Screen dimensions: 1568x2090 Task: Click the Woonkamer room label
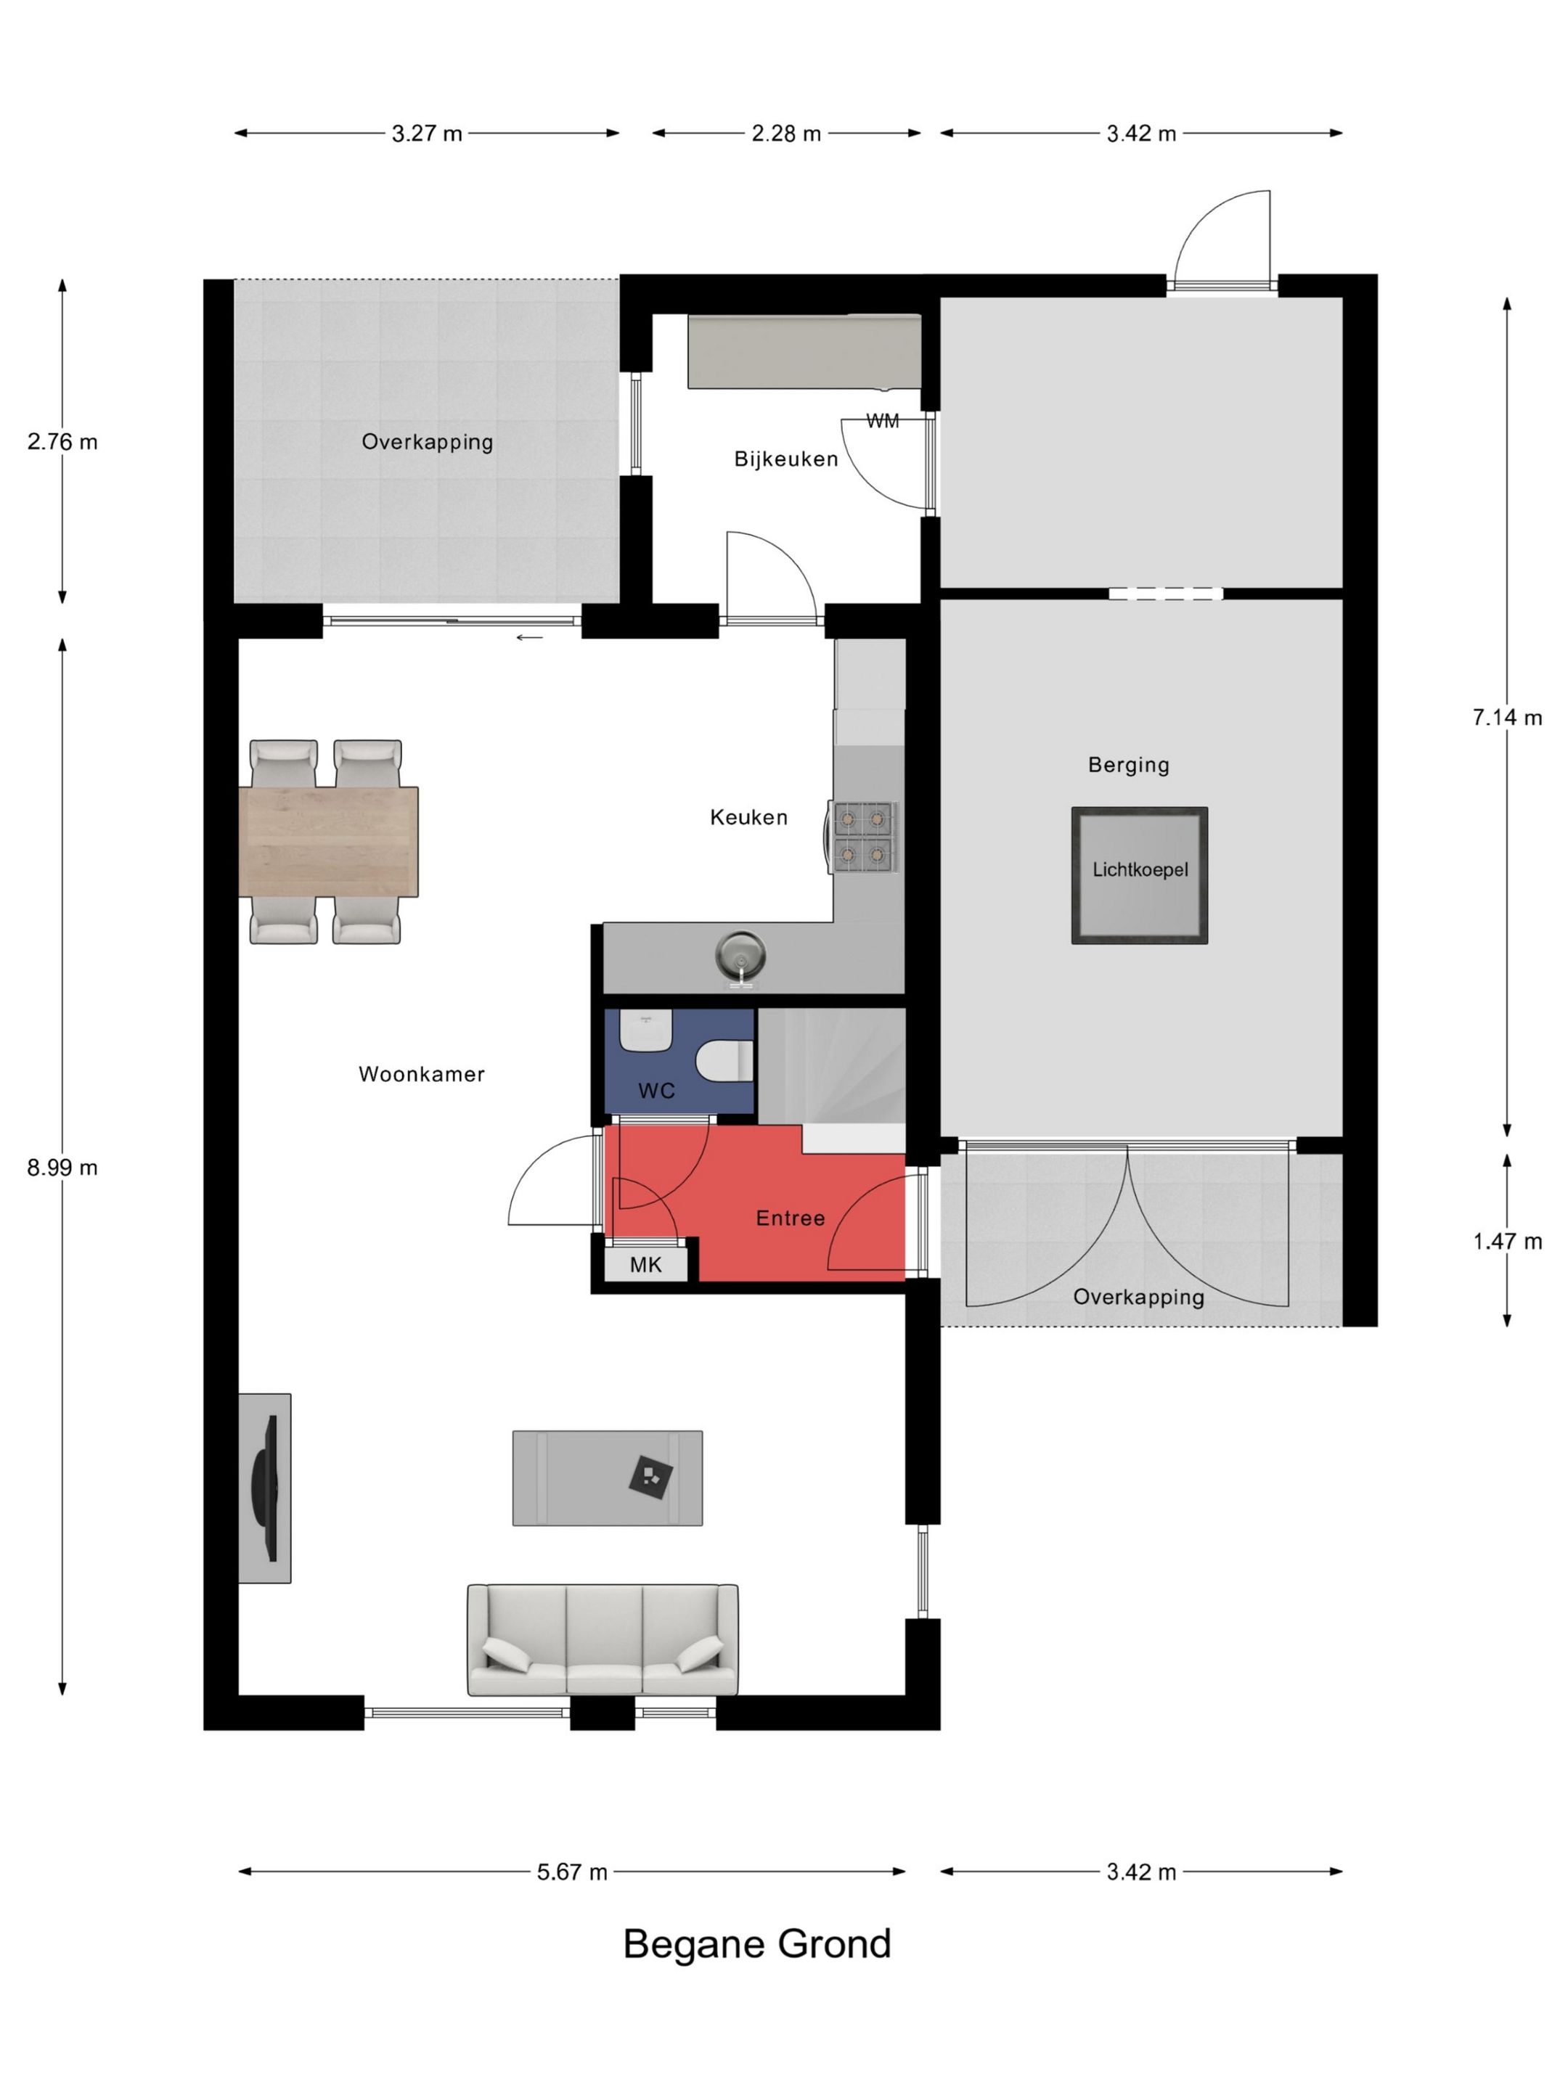point(422,1074)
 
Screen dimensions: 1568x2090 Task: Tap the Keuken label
point(748,817)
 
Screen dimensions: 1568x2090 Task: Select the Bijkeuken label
point(786,459)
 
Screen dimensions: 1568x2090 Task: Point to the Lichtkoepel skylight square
point(1139,875)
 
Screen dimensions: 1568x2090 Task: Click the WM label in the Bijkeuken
point(883,422)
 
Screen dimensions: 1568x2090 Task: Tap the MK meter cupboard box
point(645,1264)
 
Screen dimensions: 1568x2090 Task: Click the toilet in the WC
point(725,1060)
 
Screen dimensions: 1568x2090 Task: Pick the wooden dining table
point(328,841)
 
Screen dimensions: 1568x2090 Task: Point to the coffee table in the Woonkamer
point(608,1478)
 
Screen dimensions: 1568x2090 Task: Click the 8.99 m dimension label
point(62,1168)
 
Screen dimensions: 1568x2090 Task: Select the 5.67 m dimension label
point(572,1872)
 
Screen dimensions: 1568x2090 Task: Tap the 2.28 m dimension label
point(786,134)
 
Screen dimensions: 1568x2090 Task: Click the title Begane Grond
point(757,1943)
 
